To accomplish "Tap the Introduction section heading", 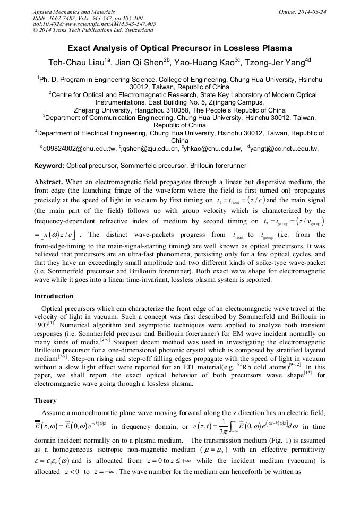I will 54,296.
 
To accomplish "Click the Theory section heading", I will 45,401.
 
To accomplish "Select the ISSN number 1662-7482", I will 62,18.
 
